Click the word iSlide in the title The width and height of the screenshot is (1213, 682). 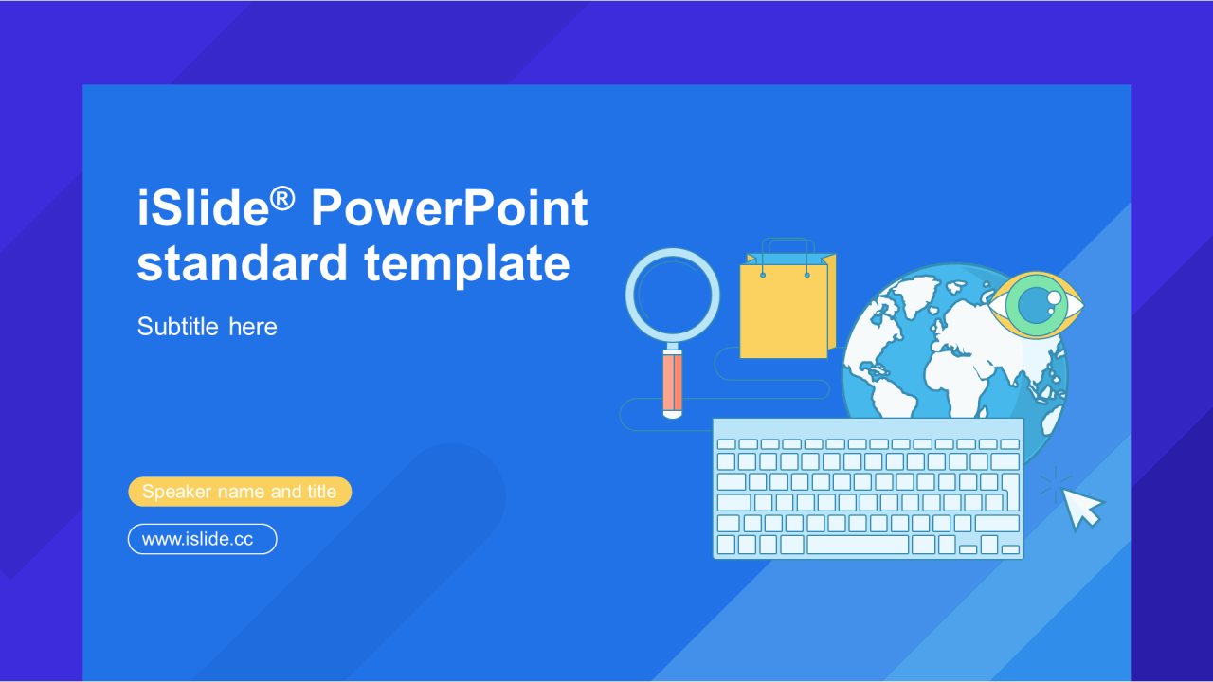coord(203,207)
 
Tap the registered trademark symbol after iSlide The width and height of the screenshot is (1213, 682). coord(282,199)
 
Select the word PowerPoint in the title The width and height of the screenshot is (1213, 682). coord(449,207)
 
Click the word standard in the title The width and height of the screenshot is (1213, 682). coord(242,263)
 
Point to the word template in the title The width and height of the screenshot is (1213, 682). coord(467,264)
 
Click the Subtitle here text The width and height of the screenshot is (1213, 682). coord(207,327)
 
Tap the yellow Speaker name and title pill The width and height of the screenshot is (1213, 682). coord(240,492)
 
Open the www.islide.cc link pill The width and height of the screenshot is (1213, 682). coord(203,539)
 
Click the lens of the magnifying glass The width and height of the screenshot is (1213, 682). coord(673,295)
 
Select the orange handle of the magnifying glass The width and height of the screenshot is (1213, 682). coord(673,381)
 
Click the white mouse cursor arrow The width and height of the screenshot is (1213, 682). coord(1082,508)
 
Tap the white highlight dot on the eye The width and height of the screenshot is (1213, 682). coord(1055,297)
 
